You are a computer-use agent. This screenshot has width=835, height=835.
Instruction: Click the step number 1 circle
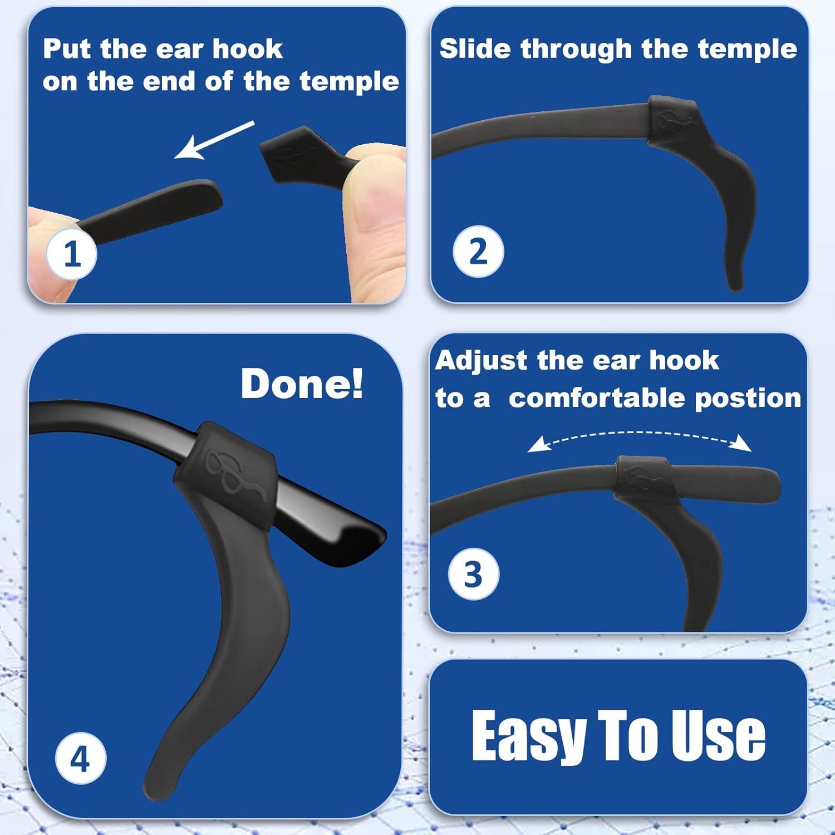(72, 254)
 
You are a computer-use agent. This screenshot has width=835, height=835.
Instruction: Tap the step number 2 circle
(478, 251)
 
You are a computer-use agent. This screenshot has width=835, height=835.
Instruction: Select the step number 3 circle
(473, 574)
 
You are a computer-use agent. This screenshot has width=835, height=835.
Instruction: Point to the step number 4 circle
(80, 758)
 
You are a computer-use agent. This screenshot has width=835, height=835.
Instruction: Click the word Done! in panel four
(302, 384)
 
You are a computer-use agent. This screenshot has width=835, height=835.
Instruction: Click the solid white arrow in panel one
(214, 140)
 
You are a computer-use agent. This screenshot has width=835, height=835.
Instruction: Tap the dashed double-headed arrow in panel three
(639, 438)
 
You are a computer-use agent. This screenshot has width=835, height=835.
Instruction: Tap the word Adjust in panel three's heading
(482, 360)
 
